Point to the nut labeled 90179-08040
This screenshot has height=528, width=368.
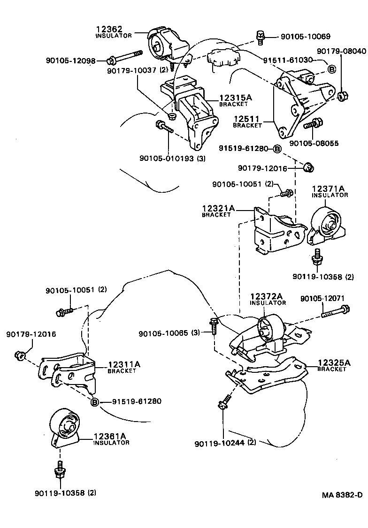pos(342,96)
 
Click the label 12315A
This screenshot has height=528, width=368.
pos(236,98)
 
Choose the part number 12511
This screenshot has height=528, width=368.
pos(246,119)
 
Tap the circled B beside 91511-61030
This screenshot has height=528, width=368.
pos(331,69)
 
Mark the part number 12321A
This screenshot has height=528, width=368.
pos(218,208)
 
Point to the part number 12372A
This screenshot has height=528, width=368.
pos(266,296)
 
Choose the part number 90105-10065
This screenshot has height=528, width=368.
pos(163,333)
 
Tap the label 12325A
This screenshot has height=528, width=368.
pos(334,362)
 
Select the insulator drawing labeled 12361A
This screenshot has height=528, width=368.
pos(64,426)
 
